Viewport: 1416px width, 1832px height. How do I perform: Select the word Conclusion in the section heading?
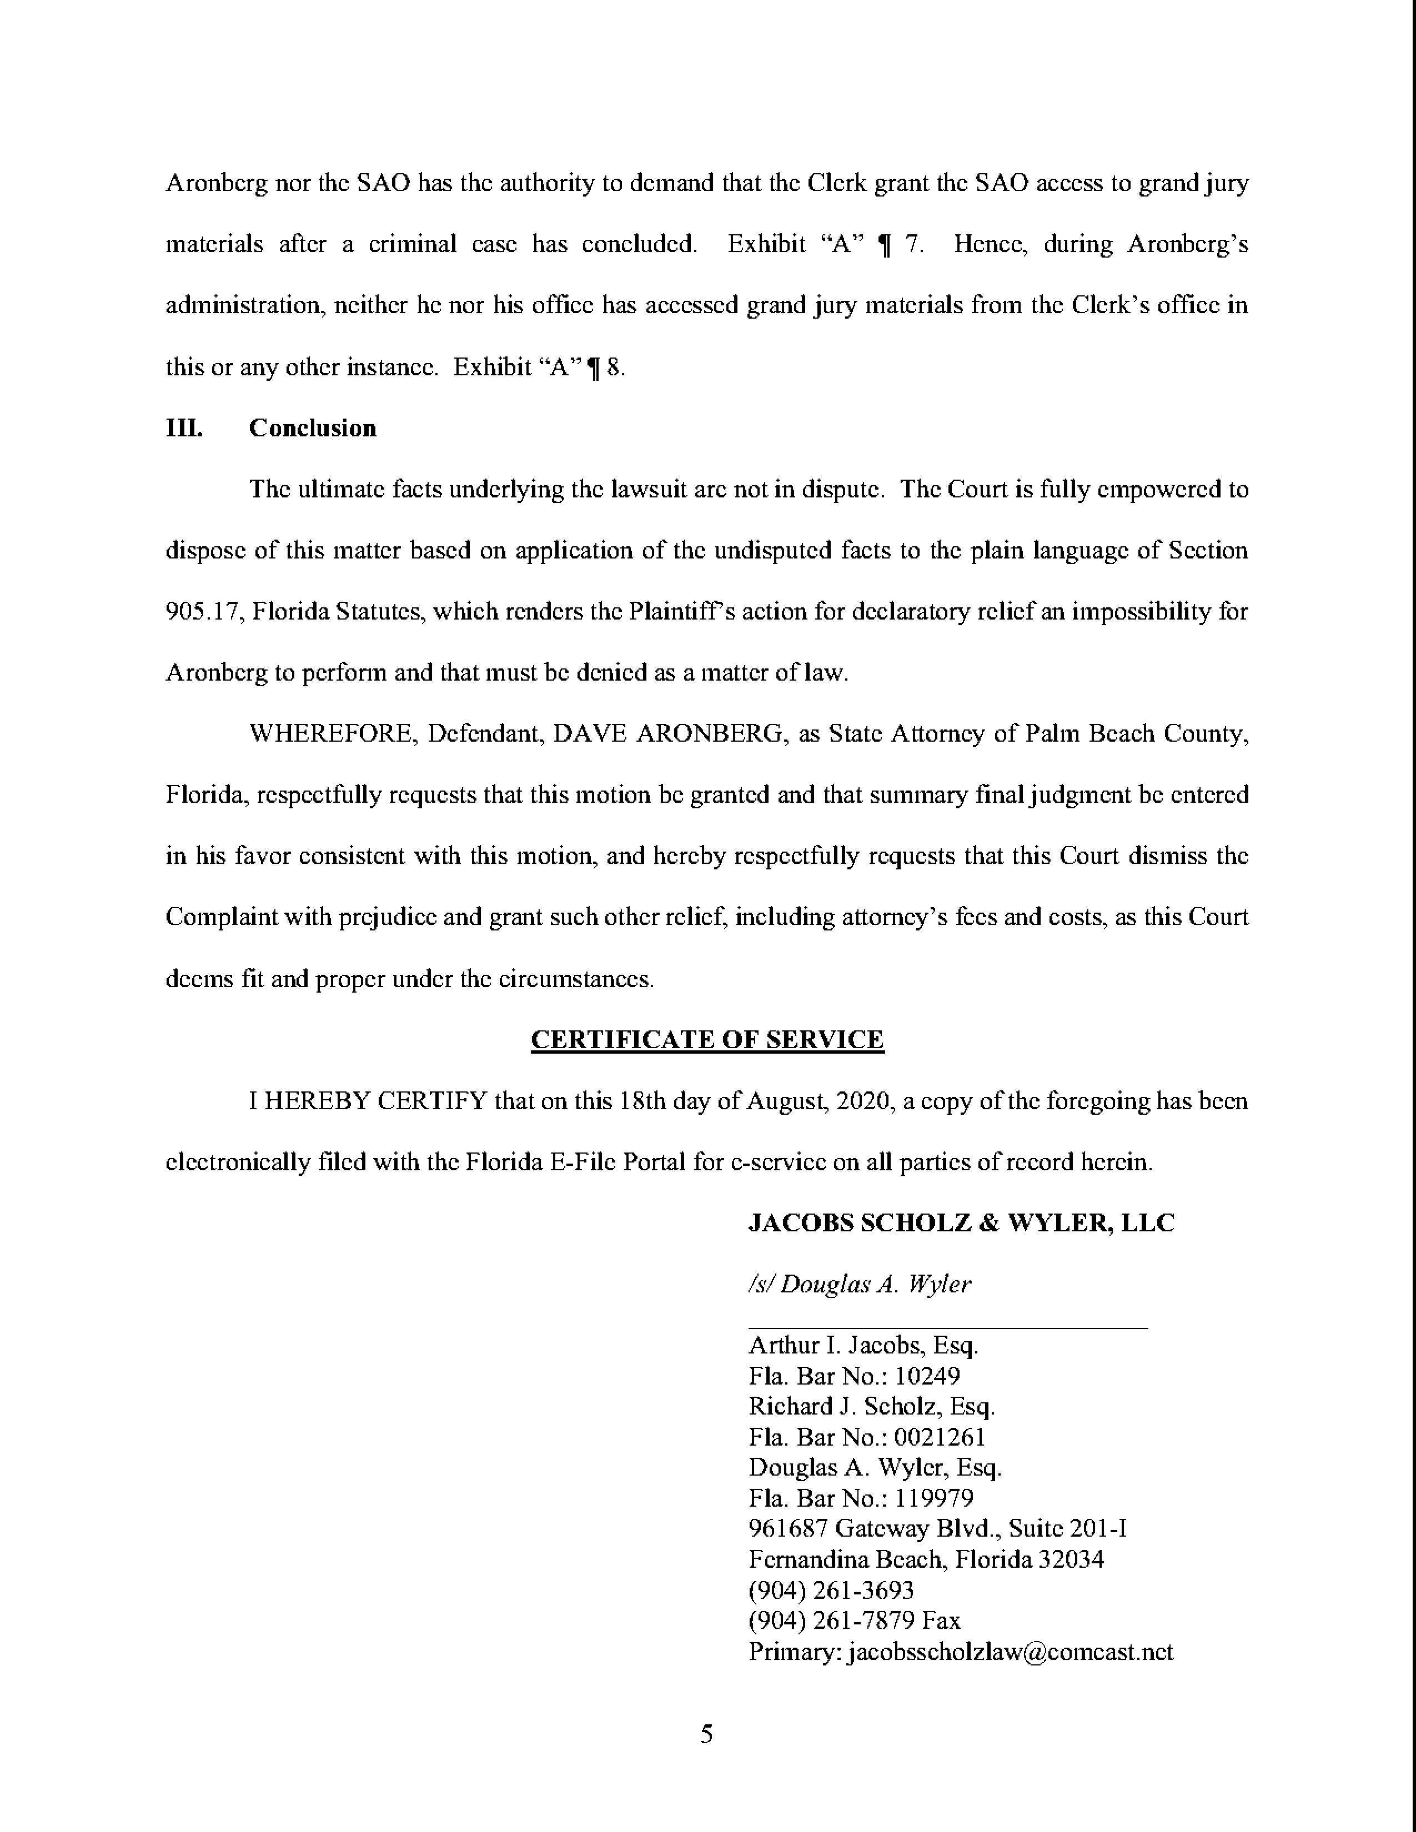pyautogui.click(x=312, y=428)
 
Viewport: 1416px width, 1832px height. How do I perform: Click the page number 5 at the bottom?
pyautogui.click(x=706, y=1734)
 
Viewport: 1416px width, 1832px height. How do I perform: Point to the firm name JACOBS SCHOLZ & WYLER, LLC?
pyautogui.click(x=961, y=1223)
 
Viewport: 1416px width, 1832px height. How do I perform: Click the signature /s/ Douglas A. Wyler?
pyautogui.click(x=859, y=1284)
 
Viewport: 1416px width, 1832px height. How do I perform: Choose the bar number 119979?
pyautogui.click(x=933, y=1498)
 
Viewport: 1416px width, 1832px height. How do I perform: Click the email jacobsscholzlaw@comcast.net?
pyautogui.click(x=1011, y=1652)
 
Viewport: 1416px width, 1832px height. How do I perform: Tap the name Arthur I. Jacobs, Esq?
pyautogui.click(x=863, y=1346)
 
